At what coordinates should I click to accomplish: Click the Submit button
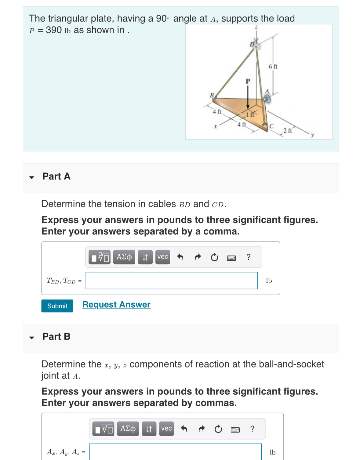57,306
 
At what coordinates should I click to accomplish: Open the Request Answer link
116,305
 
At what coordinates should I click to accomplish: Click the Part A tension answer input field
172,281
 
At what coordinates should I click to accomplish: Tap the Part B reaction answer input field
175,452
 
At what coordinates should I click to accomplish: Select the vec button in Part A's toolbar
162,257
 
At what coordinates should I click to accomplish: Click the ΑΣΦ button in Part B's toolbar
128,429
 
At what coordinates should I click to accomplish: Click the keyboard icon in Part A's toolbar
231,258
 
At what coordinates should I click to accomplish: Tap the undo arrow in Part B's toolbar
184,429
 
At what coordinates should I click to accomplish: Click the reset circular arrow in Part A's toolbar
214,258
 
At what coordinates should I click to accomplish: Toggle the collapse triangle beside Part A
31,177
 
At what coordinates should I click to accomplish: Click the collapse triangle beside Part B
31,338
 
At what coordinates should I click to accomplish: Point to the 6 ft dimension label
273,67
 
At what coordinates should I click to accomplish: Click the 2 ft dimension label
287,131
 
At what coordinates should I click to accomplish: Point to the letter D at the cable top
252,45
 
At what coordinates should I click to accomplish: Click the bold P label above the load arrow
248,81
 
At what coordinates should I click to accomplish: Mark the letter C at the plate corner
271,126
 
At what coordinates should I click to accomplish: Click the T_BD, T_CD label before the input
61,281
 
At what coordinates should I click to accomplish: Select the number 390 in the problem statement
54,30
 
